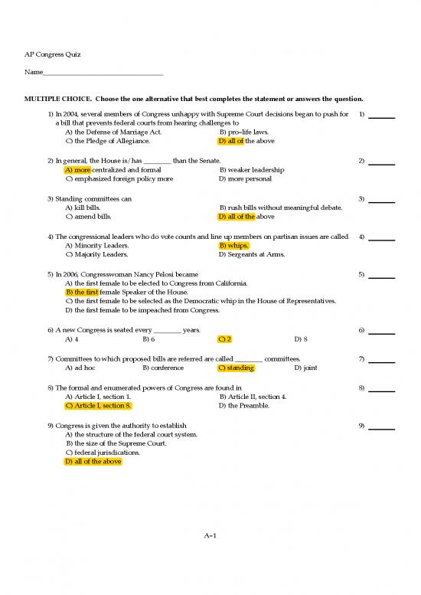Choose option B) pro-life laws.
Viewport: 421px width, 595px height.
point(243,132)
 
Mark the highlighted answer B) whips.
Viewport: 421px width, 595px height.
point(233,246)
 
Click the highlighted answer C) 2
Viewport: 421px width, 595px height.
point(224,338)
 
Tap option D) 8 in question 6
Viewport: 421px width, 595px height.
point(300,338)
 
